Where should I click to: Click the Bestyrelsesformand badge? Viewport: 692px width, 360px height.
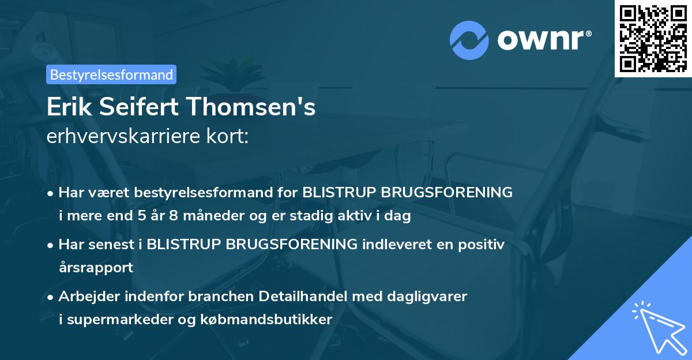(111, 74)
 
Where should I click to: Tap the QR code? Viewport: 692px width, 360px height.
(652, 38)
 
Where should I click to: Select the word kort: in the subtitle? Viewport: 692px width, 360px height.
(229, 137)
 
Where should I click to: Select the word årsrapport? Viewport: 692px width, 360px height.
(96, 268)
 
